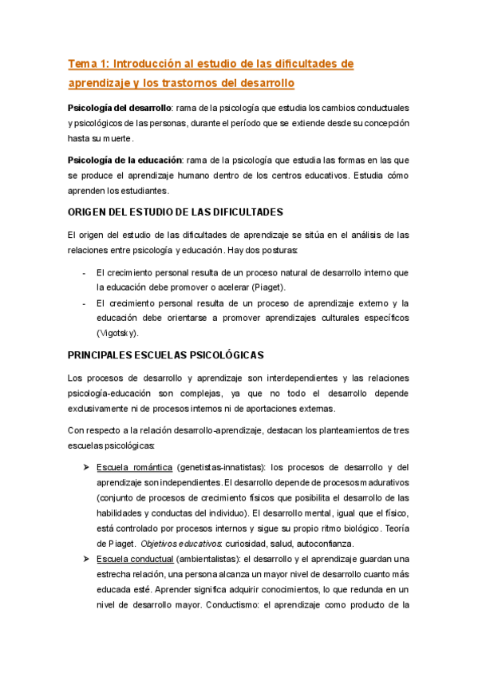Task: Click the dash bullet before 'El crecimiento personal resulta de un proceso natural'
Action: coord(85,272)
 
